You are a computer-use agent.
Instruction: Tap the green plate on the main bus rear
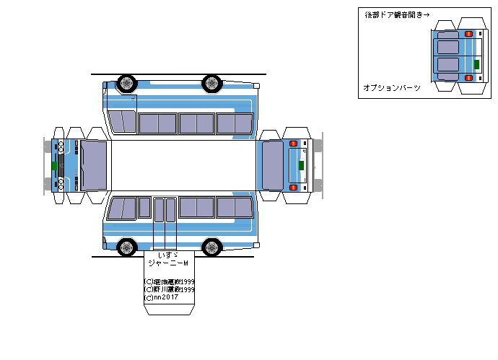tap(301, 165)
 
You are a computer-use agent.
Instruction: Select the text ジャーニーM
tap(167, 264)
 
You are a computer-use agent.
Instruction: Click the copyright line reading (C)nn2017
tap(162, 297)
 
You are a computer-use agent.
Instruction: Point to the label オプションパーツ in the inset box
tap(392, 87)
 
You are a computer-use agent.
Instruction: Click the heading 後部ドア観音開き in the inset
tap(390, 14)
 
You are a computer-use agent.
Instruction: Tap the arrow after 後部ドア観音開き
tap(427, 14)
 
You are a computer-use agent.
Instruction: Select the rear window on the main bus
tap(272, 165)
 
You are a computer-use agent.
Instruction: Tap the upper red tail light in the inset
tap(469, 34)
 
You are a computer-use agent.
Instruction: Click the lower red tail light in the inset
tap(469, 77)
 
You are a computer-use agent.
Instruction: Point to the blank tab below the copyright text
tap(171, 309)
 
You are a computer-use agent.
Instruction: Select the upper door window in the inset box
tap(447, 47)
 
